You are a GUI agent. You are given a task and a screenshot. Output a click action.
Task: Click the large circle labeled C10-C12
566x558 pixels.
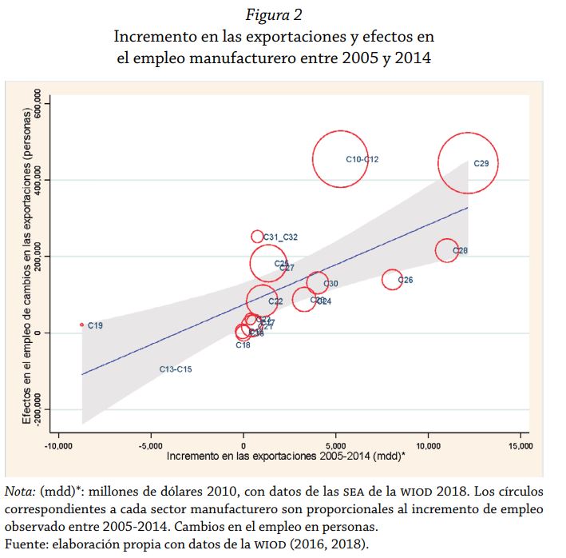coord(341,159)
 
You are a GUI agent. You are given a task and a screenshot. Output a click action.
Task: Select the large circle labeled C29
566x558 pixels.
coord(468,163)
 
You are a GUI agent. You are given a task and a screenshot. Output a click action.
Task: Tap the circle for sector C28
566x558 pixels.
coord(447,250)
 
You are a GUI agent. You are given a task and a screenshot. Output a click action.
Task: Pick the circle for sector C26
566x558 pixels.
coord(391,279)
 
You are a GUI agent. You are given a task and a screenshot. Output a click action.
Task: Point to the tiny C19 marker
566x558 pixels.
coord(81,325)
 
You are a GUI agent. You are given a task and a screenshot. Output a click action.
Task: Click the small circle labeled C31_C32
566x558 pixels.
coord(257,236)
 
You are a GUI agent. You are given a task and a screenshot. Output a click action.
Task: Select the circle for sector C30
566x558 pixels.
coord(318,282)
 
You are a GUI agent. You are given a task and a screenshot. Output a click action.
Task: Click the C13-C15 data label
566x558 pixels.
coord(176,369)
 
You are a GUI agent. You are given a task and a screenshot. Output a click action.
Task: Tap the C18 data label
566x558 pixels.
coord(243,345)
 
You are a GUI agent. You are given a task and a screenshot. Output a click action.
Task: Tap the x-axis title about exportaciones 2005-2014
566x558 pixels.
coord(286,455)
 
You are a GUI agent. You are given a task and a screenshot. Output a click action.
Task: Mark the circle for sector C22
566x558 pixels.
coord(261,300)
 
